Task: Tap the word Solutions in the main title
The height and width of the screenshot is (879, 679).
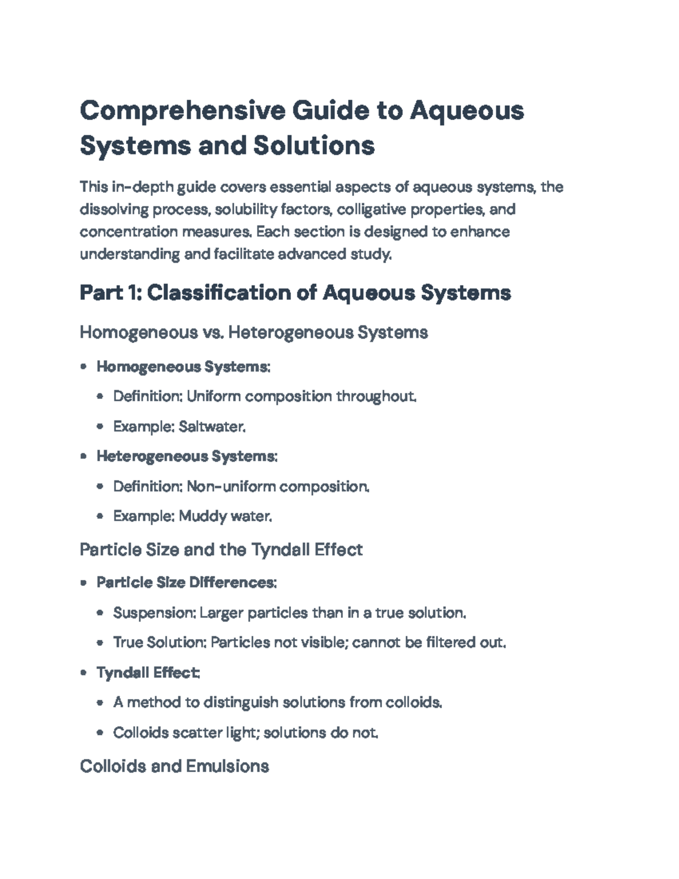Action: pyautogui.click(x=313, y=145)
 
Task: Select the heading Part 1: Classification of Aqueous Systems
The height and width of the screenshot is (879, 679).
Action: pyautogui.click(x=295, y=293)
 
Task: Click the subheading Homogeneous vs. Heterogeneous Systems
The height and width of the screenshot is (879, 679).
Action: pyautogui.click(x=253, y=332)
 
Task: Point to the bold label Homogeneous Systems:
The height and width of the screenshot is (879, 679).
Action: pyautogui.click(x=183, y=367)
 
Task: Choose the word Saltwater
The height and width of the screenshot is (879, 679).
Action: pyautogui.click(x=212, y=427)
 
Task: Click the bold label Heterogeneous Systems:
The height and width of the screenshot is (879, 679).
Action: pyautogui.click(x=187, y=456)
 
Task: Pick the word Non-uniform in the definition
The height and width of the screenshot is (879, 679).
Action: pyautogui.click(x=231, y=487)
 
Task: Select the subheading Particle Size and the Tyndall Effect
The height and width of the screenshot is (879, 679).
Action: pyautogui.click(x=221, y=550)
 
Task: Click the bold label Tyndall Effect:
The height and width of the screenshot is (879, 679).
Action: pyautogui.click(x=148, y=673)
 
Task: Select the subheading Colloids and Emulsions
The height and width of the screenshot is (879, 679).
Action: pyautogui.click(x=174, y=766)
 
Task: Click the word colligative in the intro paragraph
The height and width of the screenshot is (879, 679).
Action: pyautogui.click(x=371, y=210)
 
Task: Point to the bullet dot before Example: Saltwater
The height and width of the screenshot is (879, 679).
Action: pyautogui.click(x=100, y=427)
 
